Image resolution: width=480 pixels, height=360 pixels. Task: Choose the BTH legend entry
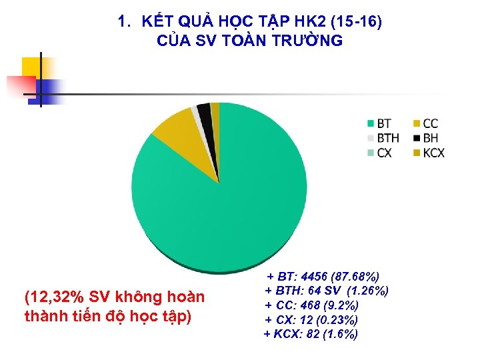[383, 138]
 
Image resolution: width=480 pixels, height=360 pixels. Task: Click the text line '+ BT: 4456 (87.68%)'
[323, 276]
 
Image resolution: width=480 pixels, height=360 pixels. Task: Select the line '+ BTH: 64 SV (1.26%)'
[327, 291]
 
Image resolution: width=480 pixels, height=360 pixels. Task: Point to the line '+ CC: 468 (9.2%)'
[311, 305]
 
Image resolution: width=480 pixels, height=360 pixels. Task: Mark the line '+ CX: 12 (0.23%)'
[311, 320]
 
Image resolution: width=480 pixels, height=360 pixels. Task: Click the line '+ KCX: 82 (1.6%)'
[311, 334]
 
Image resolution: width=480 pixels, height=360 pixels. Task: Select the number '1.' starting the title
[124, 21]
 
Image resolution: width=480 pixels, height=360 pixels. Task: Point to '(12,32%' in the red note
[51, 297]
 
